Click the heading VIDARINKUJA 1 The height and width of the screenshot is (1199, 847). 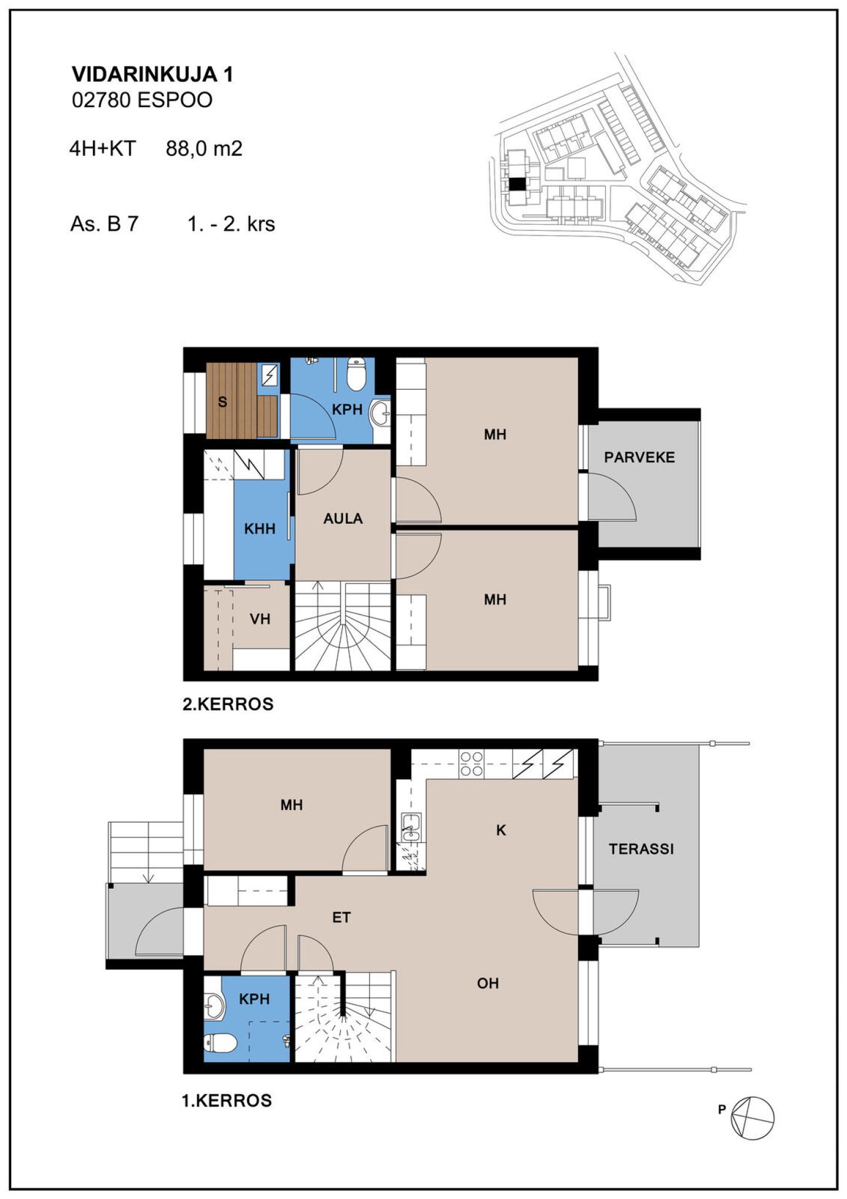pyautogui.click(x=152, y=74)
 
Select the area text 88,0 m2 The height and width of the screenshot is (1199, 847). pyautogui.click(x=204, y=148)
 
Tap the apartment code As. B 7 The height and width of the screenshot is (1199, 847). pyautogui.click(x=104, y=224)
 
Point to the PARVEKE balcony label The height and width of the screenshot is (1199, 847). pyautogui.click(x=639, y=457)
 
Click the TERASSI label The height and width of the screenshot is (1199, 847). pyautogui.click(x=641, y=849)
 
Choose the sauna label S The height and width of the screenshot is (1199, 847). pyautogui.click(x=222, y=402)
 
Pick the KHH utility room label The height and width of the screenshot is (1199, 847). pyautogui.click(x=260, y=529)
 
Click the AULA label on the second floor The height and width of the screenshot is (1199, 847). pyautogui.click(x=343, y=519)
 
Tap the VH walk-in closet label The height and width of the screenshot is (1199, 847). pyautogui.click(x=260, y=619)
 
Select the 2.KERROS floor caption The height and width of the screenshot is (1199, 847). pyautogui.click(x=228, y=704)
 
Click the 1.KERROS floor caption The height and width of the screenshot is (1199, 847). pyautogui.click(x=227, y=1100)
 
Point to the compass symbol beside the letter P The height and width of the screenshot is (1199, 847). pyautogui.click(x=752, y=1118)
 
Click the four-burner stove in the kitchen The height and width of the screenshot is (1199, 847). pyautogui.click(x=471, y=763)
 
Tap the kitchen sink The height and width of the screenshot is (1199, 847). pyautogui.click(x=411, y=827)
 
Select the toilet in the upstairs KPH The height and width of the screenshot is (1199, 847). pyautogui.click(x=356, y=374)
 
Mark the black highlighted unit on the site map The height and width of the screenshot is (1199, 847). pyautogui.click(x=516, y=184)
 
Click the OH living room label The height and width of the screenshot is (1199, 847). pyautogui.click(x=488, y=983)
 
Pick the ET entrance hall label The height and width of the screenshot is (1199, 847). pyautogui.click(x=342, y=917)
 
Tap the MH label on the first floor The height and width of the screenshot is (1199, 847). pyautogui.click(x=292, y=805)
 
